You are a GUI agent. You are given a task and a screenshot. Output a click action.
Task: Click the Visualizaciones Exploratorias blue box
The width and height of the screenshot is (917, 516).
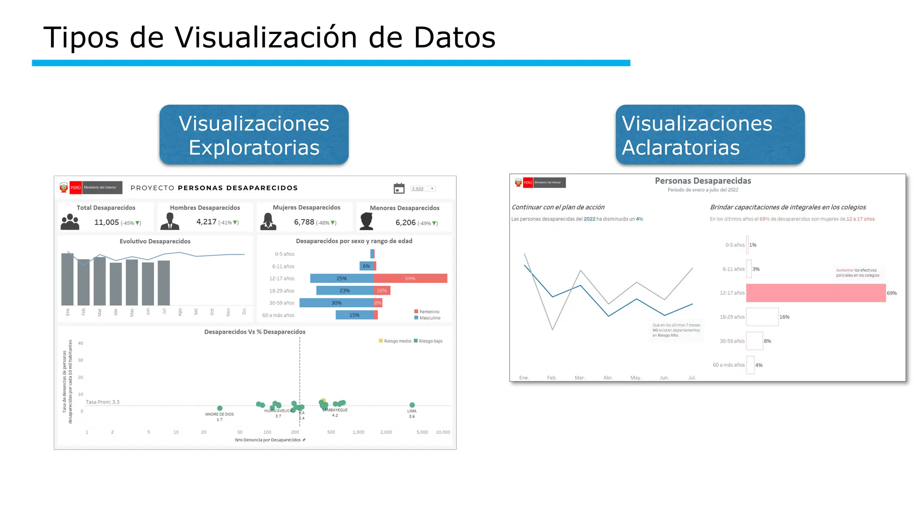point(254,135)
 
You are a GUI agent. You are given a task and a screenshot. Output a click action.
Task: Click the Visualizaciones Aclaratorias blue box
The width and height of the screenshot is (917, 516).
point(710,135)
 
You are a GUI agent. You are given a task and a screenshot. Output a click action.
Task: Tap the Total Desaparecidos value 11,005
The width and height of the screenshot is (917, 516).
point(107,222)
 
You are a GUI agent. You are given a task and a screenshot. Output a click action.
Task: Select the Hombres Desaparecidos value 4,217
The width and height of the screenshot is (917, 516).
point(206,222)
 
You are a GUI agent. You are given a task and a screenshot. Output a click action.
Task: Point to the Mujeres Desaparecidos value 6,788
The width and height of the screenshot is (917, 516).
point(304,222)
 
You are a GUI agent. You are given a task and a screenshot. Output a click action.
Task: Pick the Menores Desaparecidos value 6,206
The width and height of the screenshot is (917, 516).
point(406,223)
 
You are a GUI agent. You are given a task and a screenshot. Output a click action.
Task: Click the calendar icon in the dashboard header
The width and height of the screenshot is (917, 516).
point(399,189)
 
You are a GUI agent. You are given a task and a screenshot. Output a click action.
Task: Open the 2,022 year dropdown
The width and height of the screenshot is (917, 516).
point(423,189)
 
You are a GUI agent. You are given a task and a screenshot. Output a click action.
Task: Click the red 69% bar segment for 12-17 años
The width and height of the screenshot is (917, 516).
point(410,279)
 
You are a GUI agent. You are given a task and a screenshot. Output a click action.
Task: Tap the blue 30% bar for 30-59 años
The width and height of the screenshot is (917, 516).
point(336,303)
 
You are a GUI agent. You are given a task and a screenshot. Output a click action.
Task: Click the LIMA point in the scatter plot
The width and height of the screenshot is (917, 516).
point(412,405)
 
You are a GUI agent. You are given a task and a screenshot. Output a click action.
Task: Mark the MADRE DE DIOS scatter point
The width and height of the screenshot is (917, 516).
point(219,408)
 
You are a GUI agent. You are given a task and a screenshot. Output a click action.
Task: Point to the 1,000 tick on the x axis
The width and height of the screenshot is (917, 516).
point(358,432)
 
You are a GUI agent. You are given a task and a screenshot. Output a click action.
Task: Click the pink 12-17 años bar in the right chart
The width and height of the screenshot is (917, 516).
point(816,293)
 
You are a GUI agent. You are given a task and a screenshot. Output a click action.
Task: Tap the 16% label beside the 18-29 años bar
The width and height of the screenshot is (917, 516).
point(784,317)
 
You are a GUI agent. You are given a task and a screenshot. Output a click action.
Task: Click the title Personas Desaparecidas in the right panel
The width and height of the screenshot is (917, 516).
point(703,181)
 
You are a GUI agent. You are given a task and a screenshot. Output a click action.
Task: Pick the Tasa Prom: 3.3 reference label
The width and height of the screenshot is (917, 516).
point(103,402)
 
